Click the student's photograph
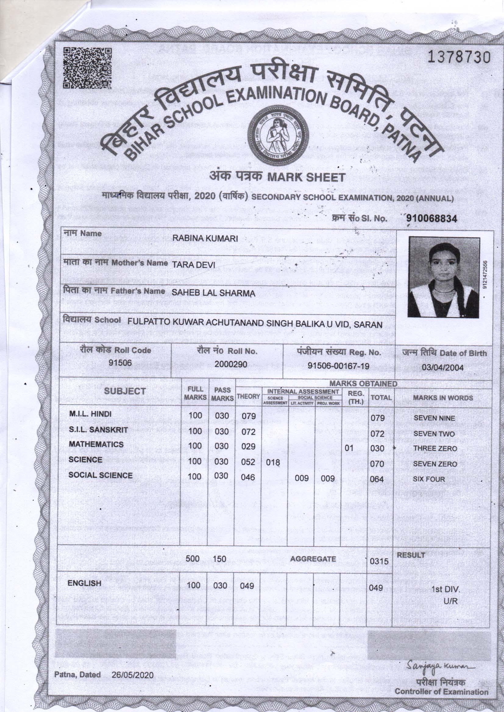443,277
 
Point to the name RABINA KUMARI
205,238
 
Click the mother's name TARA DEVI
193,264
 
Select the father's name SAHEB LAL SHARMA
214,293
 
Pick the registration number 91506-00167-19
338,366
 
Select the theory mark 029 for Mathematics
248,446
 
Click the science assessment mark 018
273,463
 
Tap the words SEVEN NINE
434,418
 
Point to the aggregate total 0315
379,561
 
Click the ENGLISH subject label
84,583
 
